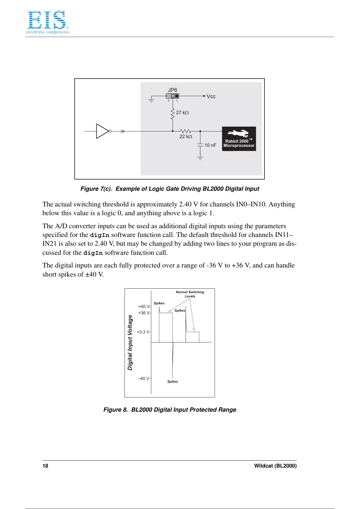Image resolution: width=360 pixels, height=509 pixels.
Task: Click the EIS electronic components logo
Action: click(x=47, y=22)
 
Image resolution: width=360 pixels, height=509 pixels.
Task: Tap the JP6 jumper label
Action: click(x=173, y=90)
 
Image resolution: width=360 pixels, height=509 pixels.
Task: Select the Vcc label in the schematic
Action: click(x=211, y=96)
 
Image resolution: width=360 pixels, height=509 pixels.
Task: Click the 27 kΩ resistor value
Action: click(x=182, y=113)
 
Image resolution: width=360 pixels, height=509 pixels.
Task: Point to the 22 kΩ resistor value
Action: click(x=186, y=137)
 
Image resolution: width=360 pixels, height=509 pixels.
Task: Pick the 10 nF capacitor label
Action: click(x=210, y=145)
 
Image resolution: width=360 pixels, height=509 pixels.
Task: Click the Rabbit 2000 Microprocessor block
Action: click(x=239, y=139)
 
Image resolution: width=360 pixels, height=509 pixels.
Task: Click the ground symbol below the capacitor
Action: click(x=200, y=158)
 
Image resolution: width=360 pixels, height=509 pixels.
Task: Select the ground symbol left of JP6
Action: click(x=151, y=100)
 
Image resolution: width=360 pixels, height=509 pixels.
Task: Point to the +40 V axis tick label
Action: click(x=144, y=306)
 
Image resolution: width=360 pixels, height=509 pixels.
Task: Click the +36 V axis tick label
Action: click(x=144, y=313)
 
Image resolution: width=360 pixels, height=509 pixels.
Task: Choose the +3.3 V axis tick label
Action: click(x=143, y=332)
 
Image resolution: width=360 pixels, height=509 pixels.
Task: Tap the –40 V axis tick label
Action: click(x=144, y=378)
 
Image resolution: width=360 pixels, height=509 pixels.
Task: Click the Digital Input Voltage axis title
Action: click(x=130, y=342)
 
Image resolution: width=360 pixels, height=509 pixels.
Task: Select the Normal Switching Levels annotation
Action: click(x=190, y=294)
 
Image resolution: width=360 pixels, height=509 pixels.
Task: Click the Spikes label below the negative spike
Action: click(x=173, y=382)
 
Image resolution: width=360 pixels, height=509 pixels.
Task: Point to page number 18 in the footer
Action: click(x=45, y=466)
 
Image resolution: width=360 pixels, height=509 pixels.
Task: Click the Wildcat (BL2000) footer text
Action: click(x=275, y=466)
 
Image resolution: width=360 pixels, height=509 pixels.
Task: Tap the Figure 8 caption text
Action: click(x=170, y=410)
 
